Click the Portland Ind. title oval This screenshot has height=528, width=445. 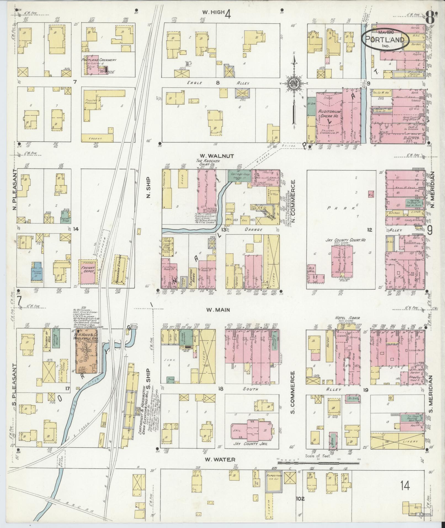pyautogui.click(x=385, y=39)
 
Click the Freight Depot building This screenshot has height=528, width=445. pyautogui.click(x=88, y=271)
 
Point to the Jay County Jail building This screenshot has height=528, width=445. pyautogui.click(x=251, y=436)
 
